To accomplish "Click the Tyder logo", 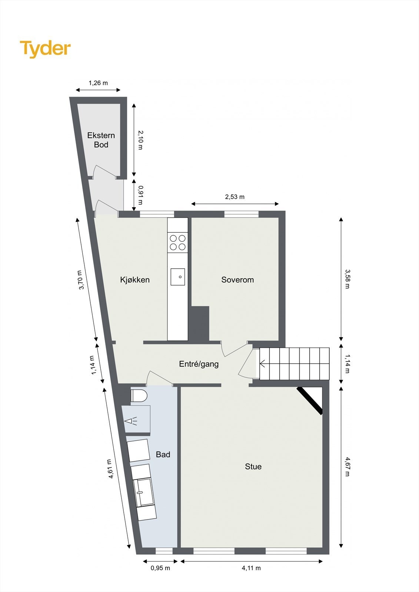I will coord(45,48).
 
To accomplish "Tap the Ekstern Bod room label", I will coord(101,140).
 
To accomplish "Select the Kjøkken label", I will coord(135,280).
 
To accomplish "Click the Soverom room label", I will coord(237,280).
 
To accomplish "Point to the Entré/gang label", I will coord(199,364).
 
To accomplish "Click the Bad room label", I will coord(163,454).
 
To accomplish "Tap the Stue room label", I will coord(253,467).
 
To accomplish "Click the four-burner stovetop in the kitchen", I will coord(177,243).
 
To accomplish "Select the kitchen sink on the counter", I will coord(178,277).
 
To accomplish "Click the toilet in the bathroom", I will coord(139,396).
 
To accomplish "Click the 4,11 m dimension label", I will coord(251,568).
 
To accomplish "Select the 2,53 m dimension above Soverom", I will coord(235,197).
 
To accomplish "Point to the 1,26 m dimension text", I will coord(98,83).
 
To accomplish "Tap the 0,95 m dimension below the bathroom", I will coord(160,568).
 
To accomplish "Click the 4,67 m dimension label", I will coord(347,467).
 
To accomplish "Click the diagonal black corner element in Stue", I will coord(310,400).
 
